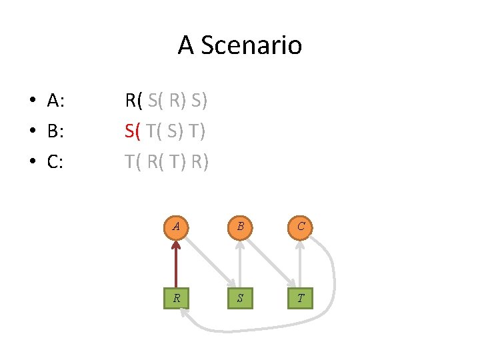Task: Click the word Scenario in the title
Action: coord(251,45)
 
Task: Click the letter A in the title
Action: coord(186,45)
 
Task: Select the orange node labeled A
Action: coord(176,226)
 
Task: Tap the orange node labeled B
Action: coord(239,226)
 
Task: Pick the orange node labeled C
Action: coord(301,226)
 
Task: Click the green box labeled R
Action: coord(176,298)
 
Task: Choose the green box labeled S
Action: coord(239,298)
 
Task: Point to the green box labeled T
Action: coord(301,298)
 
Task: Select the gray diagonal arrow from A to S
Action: coord(208,262)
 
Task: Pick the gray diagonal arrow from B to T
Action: coord(270,262)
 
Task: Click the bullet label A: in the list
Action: coord(55,101)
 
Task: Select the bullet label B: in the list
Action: coord(55,131)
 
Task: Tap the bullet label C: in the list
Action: coord(55,161)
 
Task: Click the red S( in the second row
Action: coord(133,131)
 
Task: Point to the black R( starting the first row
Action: coord(134,101)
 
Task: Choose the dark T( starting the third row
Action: coord(133,161)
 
